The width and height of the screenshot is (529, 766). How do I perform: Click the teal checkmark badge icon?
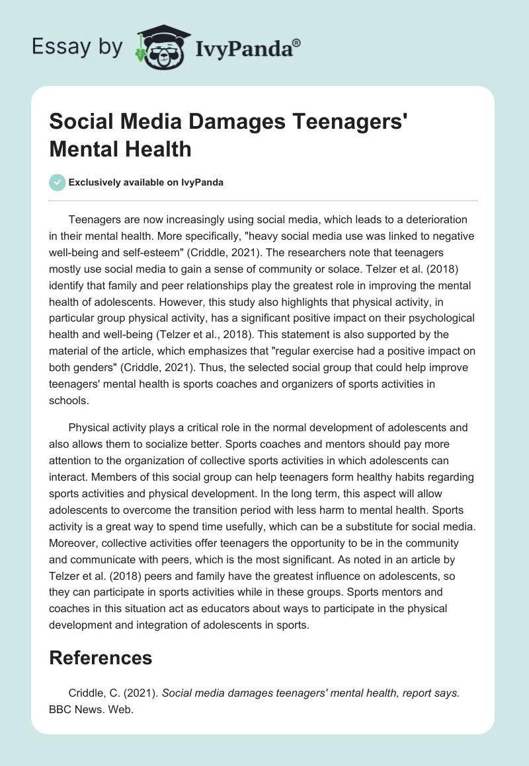[x=58, y=182]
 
